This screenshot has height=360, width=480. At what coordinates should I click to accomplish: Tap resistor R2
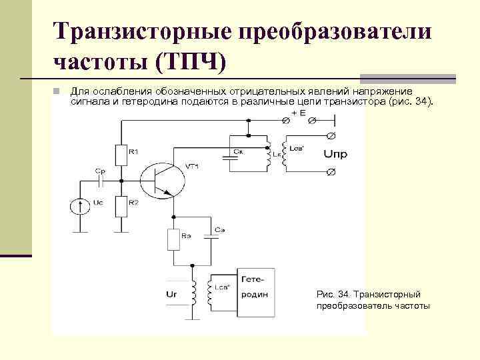coord(121,207)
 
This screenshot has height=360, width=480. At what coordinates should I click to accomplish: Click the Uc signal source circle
coord(81,206)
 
